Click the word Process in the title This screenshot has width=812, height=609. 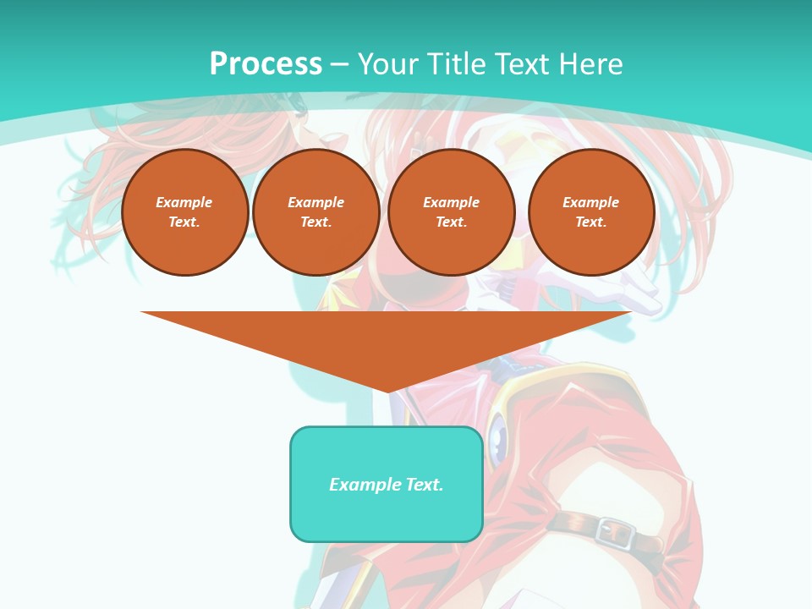click(x=266, y=64)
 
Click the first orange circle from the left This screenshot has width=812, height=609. click(x=184, y=211)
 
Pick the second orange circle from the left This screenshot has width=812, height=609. click(x=315, y=211)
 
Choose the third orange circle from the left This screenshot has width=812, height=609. click(x=451, y=211)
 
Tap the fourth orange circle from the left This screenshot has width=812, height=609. click(x=590, y=211)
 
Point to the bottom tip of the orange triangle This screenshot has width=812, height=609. click(x=387, y=392)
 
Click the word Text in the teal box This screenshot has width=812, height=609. click(x=425, y=485)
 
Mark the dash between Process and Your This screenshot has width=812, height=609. click(x=339, y=64)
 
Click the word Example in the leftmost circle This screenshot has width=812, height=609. click(x=184, y=202)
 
